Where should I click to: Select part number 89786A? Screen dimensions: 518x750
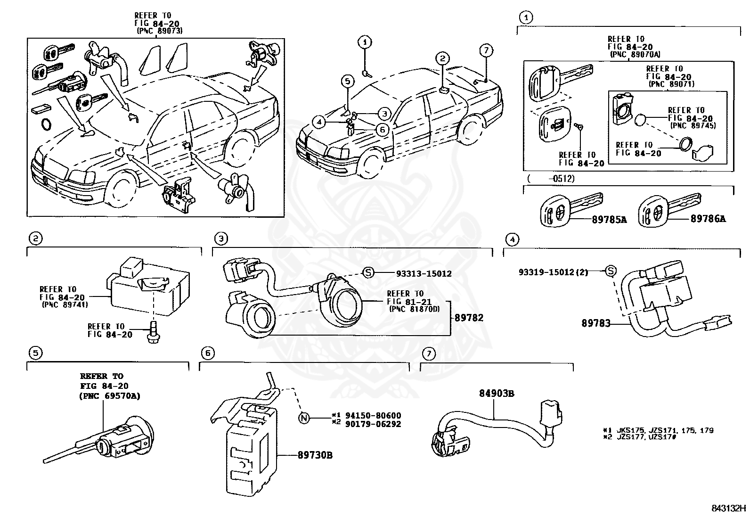click(708, 219)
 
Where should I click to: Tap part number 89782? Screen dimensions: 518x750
click(469, 318)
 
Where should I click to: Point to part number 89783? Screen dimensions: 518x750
click(595, 323)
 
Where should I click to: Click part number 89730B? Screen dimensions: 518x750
click(315, 455)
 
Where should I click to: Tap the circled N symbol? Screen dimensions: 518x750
click(304, 418)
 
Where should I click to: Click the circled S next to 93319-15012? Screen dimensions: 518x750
click(611, 271)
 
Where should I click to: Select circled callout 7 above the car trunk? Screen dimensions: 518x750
click(486, 50)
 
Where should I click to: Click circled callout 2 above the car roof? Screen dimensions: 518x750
click(442, 58)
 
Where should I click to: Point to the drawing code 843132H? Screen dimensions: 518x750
click(728, 508)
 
